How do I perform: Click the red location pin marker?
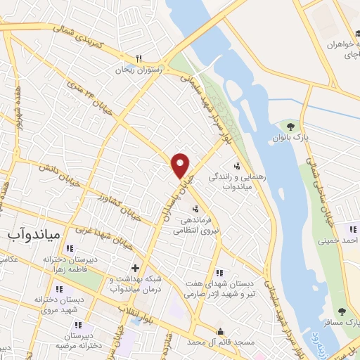(181, 165)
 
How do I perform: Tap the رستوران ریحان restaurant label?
(140, 70)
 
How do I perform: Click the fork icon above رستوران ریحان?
(139, 59)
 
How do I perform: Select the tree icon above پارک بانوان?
(290, 126)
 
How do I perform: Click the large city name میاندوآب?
(31, 231)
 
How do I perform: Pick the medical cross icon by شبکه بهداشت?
(134, 267)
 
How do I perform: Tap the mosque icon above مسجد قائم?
(221, 331)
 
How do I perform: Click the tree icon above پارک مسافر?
(342, 311)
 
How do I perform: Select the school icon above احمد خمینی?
(353, 229)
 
